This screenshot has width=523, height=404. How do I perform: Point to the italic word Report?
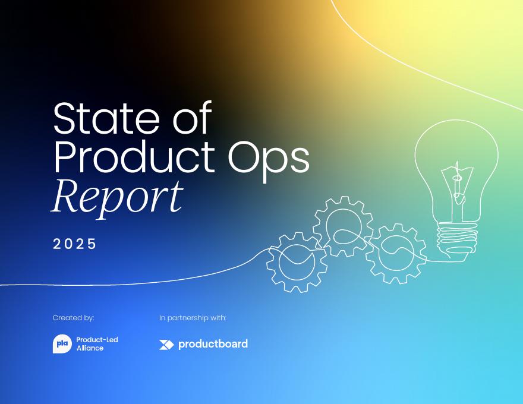(117, 197)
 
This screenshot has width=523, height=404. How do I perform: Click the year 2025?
(74, 244)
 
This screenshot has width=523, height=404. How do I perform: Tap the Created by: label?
(73, 318)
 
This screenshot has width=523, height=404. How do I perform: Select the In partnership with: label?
(193, 318)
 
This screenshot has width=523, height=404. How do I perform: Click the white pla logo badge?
(62, 344)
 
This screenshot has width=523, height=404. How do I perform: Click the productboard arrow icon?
(166, 345)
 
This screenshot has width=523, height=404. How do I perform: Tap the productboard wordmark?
(213, 344)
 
